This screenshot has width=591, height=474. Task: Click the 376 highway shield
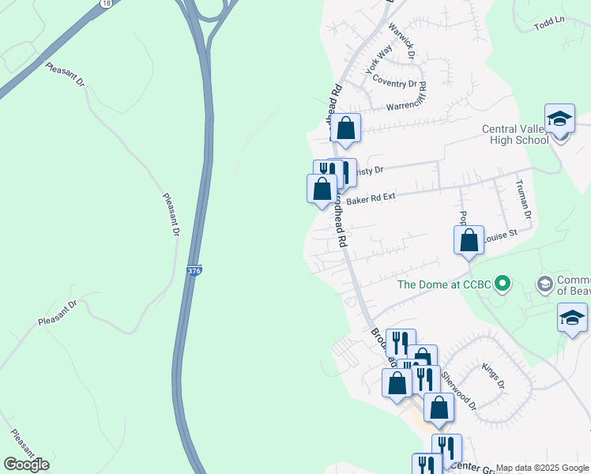[194, 271]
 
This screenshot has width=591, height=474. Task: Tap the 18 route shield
[106, 4]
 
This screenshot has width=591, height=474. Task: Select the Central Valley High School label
[516, 134]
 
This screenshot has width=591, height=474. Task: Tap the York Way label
[378, 60]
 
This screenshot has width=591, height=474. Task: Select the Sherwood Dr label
[459, 389]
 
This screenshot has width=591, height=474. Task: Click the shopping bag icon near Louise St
[469, 239]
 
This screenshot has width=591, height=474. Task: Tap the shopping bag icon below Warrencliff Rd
[346, 128]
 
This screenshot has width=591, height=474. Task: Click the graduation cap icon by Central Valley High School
[559, 119]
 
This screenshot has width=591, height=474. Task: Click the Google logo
[26, 464]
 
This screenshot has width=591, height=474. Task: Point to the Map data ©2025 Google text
[543, 468]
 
